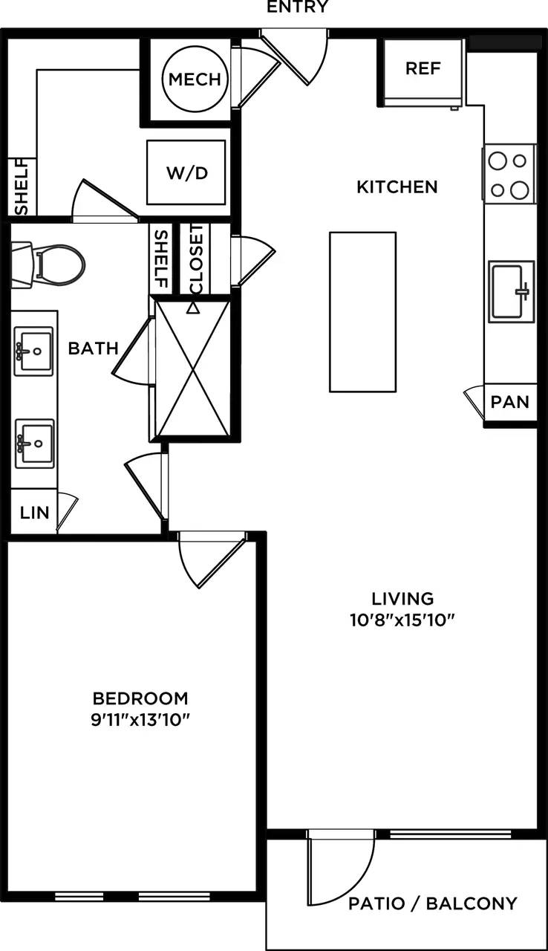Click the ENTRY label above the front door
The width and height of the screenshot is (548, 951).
click(x=297, y=7)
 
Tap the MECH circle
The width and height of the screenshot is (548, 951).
click(x=195, y=79)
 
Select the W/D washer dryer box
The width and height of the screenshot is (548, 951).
click(x=186, y=172)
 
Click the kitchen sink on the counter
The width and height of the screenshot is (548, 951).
click(x=511, y=291)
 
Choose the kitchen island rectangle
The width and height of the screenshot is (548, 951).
click(x=362, y=311)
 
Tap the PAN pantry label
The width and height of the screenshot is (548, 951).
click(x=511, y=403)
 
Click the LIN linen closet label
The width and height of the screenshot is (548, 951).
click(x=34, y=512)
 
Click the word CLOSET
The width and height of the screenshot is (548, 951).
click(x=197, y=258)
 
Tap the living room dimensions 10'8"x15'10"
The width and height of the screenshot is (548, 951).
click(x=402, y=620)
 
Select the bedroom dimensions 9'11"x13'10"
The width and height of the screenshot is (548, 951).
click(x=140, y=720)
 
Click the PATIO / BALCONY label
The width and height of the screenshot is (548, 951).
click(x=433, y=903)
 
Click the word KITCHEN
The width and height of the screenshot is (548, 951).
click(x=397, y=186)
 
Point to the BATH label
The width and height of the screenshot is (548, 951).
click(x=94, y=348)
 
